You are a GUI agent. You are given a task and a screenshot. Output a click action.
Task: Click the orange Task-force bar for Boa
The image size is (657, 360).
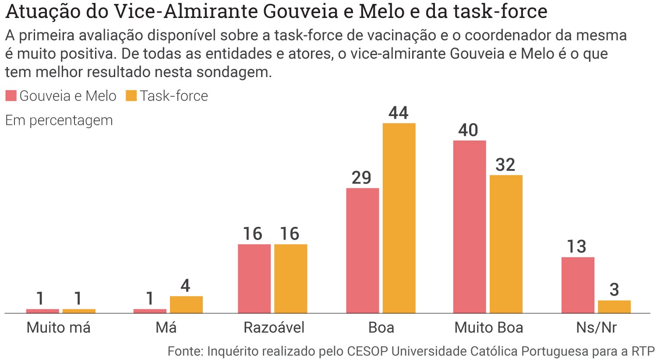pyautogui.click(x=399, y=218)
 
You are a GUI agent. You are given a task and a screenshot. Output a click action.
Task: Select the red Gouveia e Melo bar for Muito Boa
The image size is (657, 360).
pyautogui.click(x=469, y=227)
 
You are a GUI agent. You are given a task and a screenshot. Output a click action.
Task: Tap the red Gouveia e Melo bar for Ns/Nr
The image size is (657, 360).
pyautogui.click(x=578, y=285)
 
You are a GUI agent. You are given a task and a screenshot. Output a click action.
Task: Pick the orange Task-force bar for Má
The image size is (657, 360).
pyautogui.click(x=186, y=305)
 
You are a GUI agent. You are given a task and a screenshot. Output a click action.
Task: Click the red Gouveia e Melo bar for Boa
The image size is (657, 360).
pyautogui.click(x=362, y=251)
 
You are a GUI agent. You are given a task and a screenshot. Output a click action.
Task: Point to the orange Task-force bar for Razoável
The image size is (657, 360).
pyautogui.click(x=290, y=279)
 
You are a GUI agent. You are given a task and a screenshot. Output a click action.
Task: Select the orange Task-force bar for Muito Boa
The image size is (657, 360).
pyautogui.click(x=506, y=244)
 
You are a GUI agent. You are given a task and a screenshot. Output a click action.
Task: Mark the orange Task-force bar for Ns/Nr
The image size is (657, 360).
pyautogui.click(x=614, y=307)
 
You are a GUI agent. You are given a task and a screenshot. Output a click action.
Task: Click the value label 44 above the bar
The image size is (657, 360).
pyautogui.click(x=398, y=113)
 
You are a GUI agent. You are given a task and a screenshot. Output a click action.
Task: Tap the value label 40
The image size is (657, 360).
pyautogui.click(x=468, y=130)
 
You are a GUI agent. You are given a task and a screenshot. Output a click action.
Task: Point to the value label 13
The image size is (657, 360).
pyautogui.click(x=576, y=247)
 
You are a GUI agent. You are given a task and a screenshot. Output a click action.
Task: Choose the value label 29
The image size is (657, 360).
pyautogui.click(x=361, y=178)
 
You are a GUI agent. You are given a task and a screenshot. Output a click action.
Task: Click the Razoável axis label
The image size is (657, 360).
pyautogui.click(x=274, y=328)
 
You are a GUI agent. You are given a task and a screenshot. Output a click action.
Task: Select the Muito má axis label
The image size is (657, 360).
pyautogui.click(x=59, y=328)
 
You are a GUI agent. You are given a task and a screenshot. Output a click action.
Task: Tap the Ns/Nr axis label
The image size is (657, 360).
pyautogui.click(x=596, y=328)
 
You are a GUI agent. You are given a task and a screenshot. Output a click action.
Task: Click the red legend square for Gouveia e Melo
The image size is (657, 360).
pyautogui.click(x=11, y=96)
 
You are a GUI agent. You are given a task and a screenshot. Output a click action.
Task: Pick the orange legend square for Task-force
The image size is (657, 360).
pyautogui.click(x=131, y=96)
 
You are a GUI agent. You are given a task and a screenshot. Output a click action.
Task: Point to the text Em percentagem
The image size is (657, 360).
pyautogui.click(x=59, y=120)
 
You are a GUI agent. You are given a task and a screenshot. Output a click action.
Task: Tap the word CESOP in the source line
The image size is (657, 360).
pyautogui.click(x=367, y=351)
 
